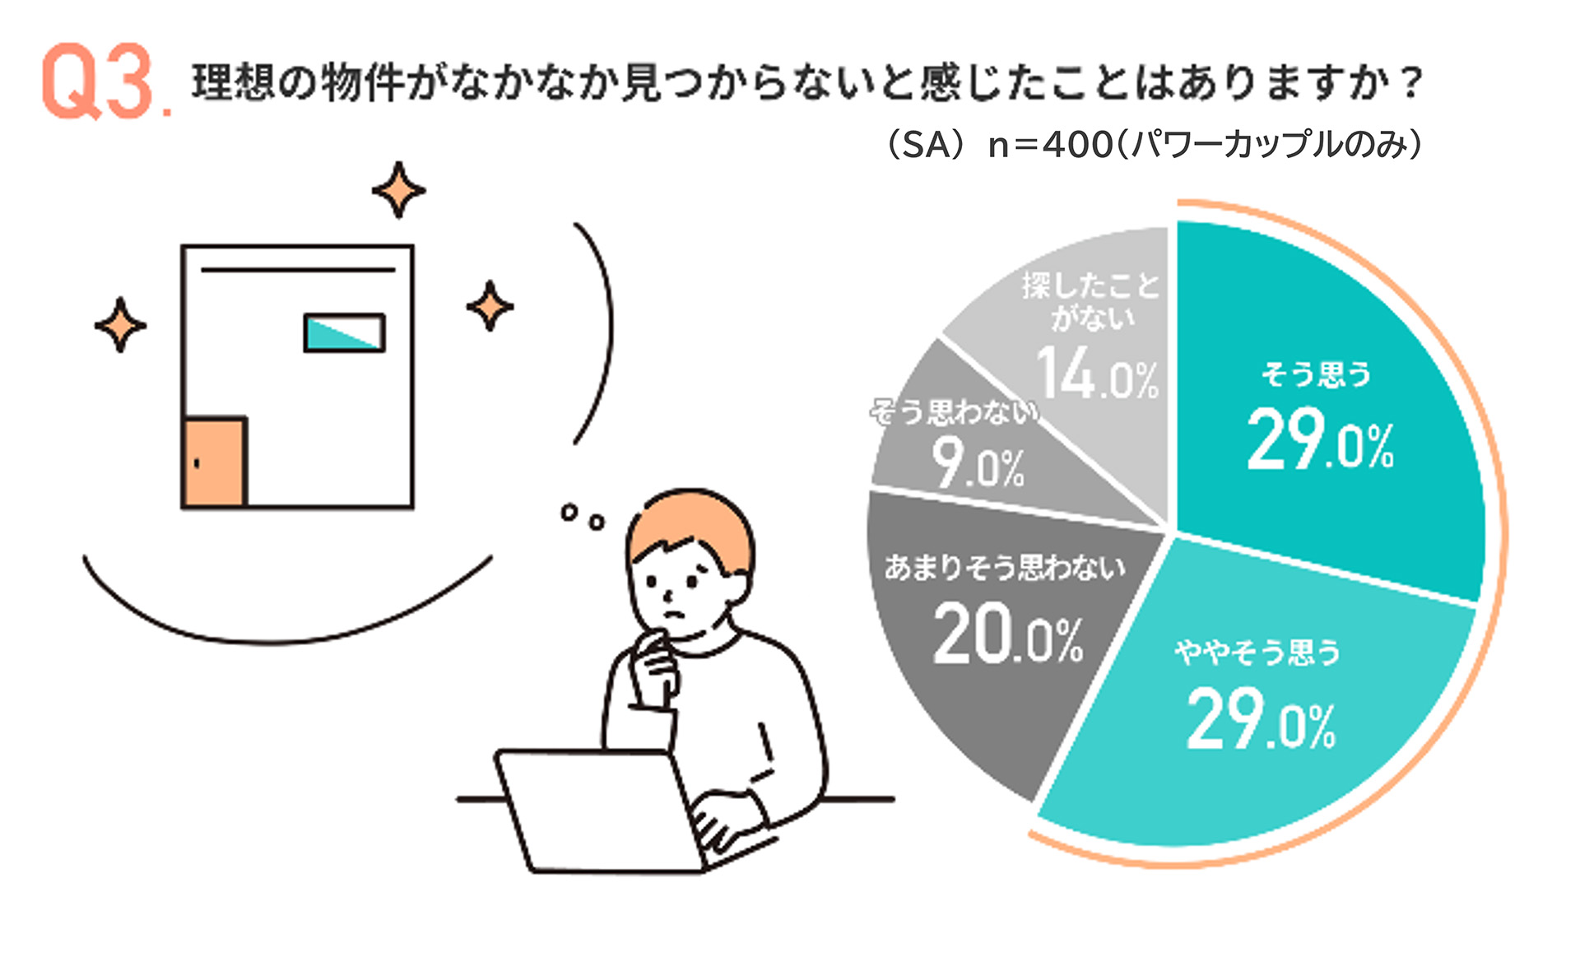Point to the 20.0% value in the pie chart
tap(1008, 633)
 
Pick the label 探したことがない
tap(1091, 301)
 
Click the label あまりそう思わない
tap(1005, 567)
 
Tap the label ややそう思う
tap(1257, 653)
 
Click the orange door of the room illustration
tap(215, 462)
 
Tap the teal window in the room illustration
tap(344, 333)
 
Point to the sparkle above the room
tap(398, 190)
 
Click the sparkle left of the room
tap(120, 325)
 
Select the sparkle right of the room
tap(490, 306)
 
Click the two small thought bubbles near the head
tap(583, 517)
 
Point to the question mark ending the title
tap(1410, 82)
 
